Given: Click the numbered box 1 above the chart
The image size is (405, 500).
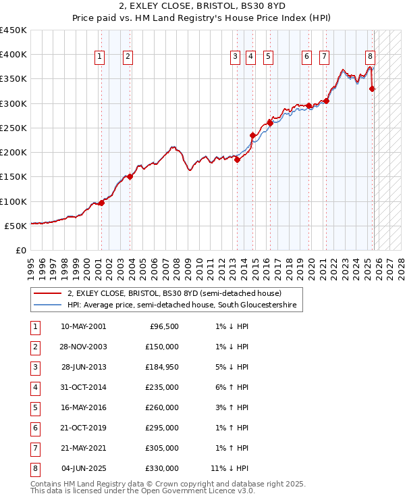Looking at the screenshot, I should click(x=99, y=57).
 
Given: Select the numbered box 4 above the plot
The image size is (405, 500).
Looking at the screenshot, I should click(x=250, y=57).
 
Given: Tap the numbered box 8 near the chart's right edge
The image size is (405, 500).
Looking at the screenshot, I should click(x=370, y=57).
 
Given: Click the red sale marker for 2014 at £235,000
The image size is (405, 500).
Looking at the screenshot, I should click(x=253, y=135).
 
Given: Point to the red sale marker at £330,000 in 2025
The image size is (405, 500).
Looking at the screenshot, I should click(x=373, y=88).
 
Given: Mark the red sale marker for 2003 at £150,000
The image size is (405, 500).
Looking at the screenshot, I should click(x=130, y=177).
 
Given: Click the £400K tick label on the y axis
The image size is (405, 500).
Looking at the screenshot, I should click(x=13, y=55).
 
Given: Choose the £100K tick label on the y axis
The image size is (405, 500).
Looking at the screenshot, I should click(x=13, y=201).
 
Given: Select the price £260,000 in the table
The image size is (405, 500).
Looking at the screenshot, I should click(x=162, y=408).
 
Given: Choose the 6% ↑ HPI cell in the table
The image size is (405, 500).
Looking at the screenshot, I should click(x=233, y=389).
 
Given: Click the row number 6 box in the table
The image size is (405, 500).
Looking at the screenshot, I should click(x=34, y=428).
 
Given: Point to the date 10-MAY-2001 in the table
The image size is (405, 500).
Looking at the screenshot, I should click(x=84, y=326).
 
